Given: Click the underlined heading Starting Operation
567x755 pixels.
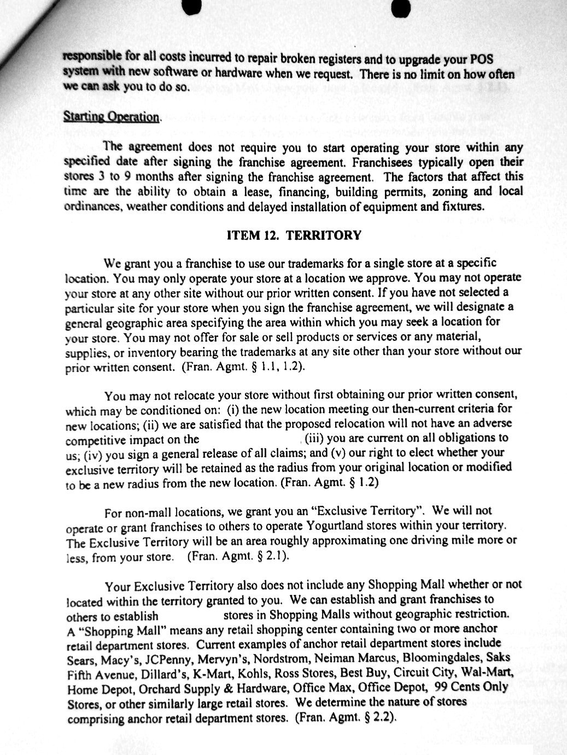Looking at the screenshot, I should coord(112,117).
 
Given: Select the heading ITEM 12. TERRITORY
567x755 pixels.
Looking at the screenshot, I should coord(294,235).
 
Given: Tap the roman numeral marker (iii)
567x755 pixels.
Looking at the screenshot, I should coord(314,438).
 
